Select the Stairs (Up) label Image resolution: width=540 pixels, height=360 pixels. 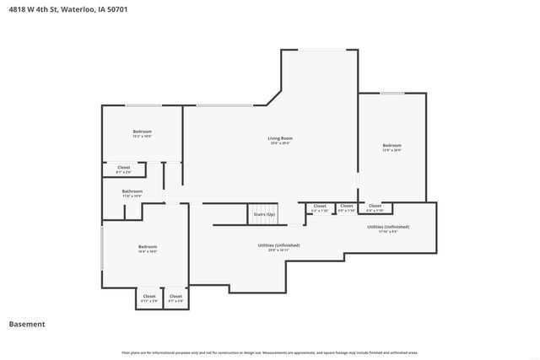(264, 215)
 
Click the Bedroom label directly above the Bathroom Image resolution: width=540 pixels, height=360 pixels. (142, 132)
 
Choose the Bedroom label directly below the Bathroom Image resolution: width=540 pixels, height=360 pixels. (148, 248)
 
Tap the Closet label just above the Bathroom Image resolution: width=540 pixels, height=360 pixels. (123, 169)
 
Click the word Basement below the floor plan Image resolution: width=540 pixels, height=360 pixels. (27, 324)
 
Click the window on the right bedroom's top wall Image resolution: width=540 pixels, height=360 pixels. (391, 94)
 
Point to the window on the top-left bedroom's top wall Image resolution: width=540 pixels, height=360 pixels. (143, 105)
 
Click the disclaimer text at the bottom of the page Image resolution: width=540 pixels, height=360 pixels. (270, 352)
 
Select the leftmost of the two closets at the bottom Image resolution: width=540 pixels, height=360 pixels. (148, 298)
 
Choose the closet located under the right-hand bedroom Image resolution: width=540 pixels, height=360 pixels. (375, 207)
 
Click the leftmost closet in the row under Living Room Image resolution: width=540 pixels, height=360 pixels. (320, 207)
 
